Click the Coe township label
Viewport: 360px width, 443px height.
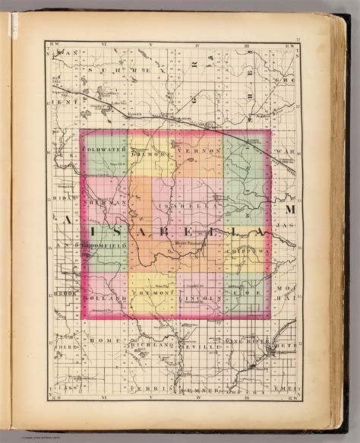[x=242, y=292]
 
